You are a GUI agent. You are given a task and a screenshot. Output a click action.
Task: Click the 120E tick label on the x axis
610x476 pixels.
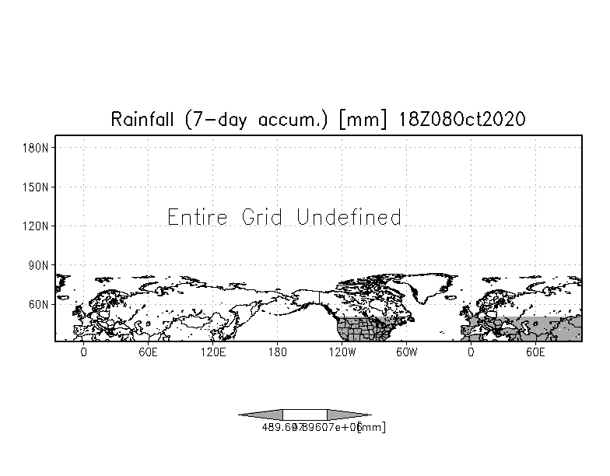[212, 352]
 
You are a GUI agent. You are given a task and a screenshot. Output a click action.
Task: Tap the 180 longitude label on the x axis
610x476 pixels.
[278, 352]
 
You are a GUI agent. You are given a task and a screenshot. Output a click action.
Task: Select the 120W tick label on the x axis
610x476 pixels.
[342, 352]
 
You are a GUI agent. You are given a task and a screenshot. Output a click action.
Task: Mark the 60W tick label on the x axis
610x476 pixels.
[407, 352]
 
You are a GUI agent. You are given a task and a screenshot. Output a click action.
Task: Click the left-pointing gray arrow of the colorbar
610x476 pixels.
[261, 415]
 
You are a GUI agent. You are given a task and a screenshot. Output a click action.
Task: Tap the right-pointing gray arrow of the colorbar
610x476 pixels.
[349, 415]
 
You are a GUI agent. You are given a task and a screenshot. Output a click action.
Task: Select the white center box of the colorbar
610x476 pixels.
[305, 415]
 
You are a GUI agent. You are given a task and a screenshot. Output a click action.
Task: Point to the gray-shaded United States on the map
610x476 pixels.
[362, 331]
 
